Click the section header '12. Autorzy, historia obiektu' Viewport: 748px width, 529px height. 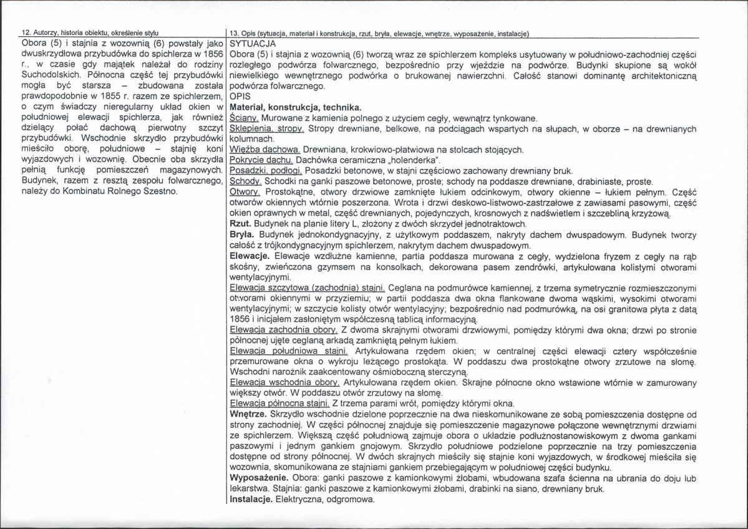coord(81,32)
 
